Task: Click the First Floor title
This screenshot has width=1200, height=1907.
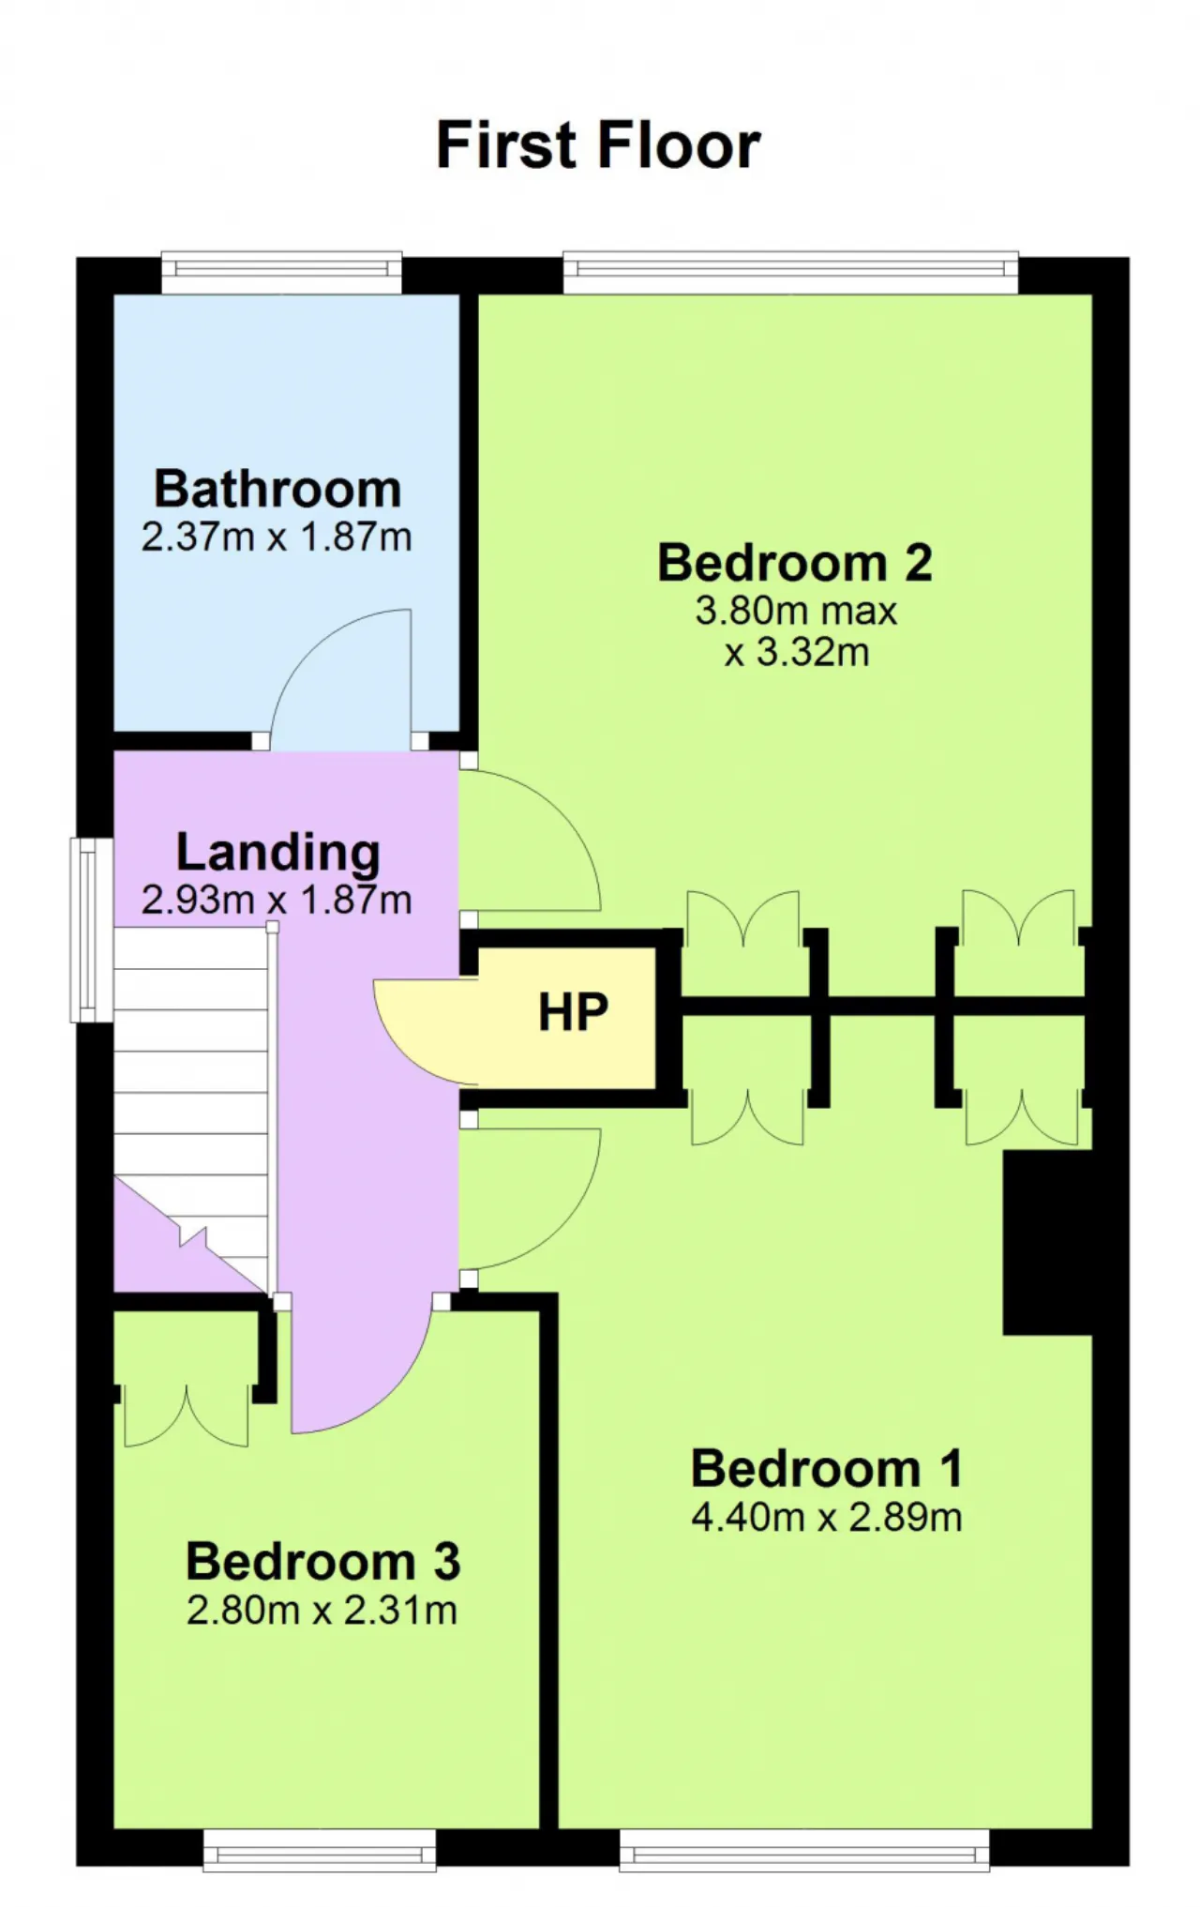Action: click(598, 145)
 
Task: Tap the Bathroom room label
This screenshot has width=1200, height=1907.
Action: click(277, 489)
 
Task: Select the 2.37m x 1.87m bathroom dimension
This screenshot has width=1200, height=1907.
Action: click(277, 537)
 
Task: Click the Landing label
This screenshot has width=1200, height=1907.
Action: click(278, 854)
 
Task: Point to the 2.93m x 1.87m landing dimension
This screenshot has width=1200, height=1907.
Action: click(277, 900)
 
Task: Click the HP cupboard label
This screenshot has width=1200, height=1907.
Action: click(573, 1012)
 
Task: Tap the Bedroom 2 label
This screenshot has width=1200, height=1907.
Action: click(795, 563)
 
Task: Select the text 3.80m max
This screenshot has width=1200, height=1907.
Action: click(796, 612)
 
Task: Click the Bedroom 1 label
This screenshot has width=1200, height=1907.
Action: click(827, 1469)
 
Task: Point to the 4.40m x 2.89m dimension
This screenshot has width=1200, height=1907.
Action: click(827, 1518)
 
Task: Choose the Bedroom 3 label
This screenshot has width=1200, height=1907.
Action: click(323, 1562)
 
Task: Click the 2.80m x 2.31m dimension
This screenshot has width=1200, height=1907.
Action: click(322, 1611)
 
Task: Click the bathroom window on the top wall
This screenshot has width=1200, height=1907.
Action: click(282, 272)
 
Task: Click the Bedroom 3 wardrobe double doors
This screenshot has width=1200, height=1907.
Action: click(187, 1416)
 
